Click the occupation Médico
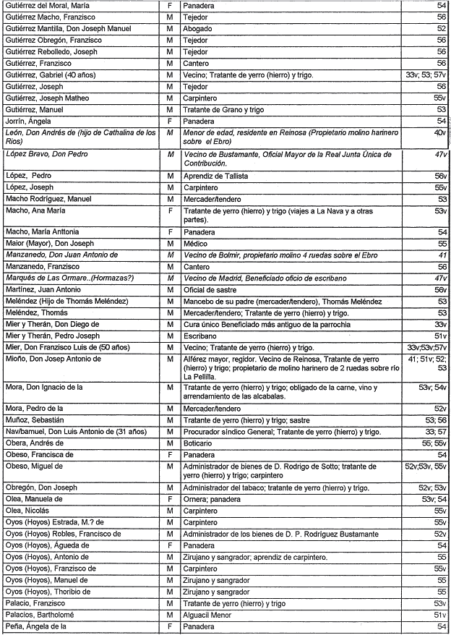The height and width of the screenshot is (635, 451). [x=197, y=244]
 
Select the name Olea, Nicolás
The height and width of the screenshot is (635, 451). [x=28, y=511]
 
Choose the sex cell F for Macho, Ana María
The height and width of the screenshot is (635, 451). [x=168, y=210]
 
